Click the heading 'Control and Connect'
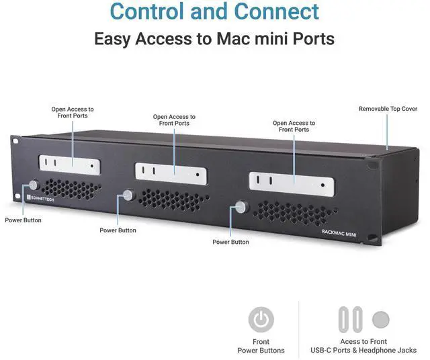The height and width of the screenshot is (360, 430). pyautogui.click(x=214, y=11)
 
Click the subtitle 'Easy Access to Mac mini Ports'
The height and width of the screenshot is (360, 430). pyautogui.click(x=214, y=38)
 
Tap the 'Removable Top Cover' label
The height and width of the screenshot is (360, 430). pyautogui.click(x=388, y=109)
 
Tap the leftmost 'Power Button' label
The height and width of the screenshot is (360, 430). pyautogui.click(x=23, y=220)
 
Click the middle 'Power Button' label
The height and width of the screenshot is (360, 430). pyautogui.click(x=118, y=230)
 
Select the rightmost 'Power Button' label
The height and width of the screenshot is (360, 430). pyautogui.click(x=230, y=242)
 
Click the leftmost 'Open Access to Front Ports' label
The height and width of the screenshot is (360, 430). pyautogui.click(x=73, y=112)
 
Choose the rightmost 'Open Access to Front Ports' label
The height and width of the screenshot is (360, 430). pyautogui.click(x=294, y=126)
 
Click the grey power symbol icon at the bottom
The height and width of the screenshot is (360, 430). pyautogui.click(x=261, y=320)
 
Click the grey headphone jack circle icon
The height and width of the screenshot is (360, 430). pyautogui.click(x=380, y=319)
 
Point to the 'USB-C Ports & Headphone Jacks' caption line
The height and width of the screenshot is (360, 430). pyautogui.click(x=363, y=350)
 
